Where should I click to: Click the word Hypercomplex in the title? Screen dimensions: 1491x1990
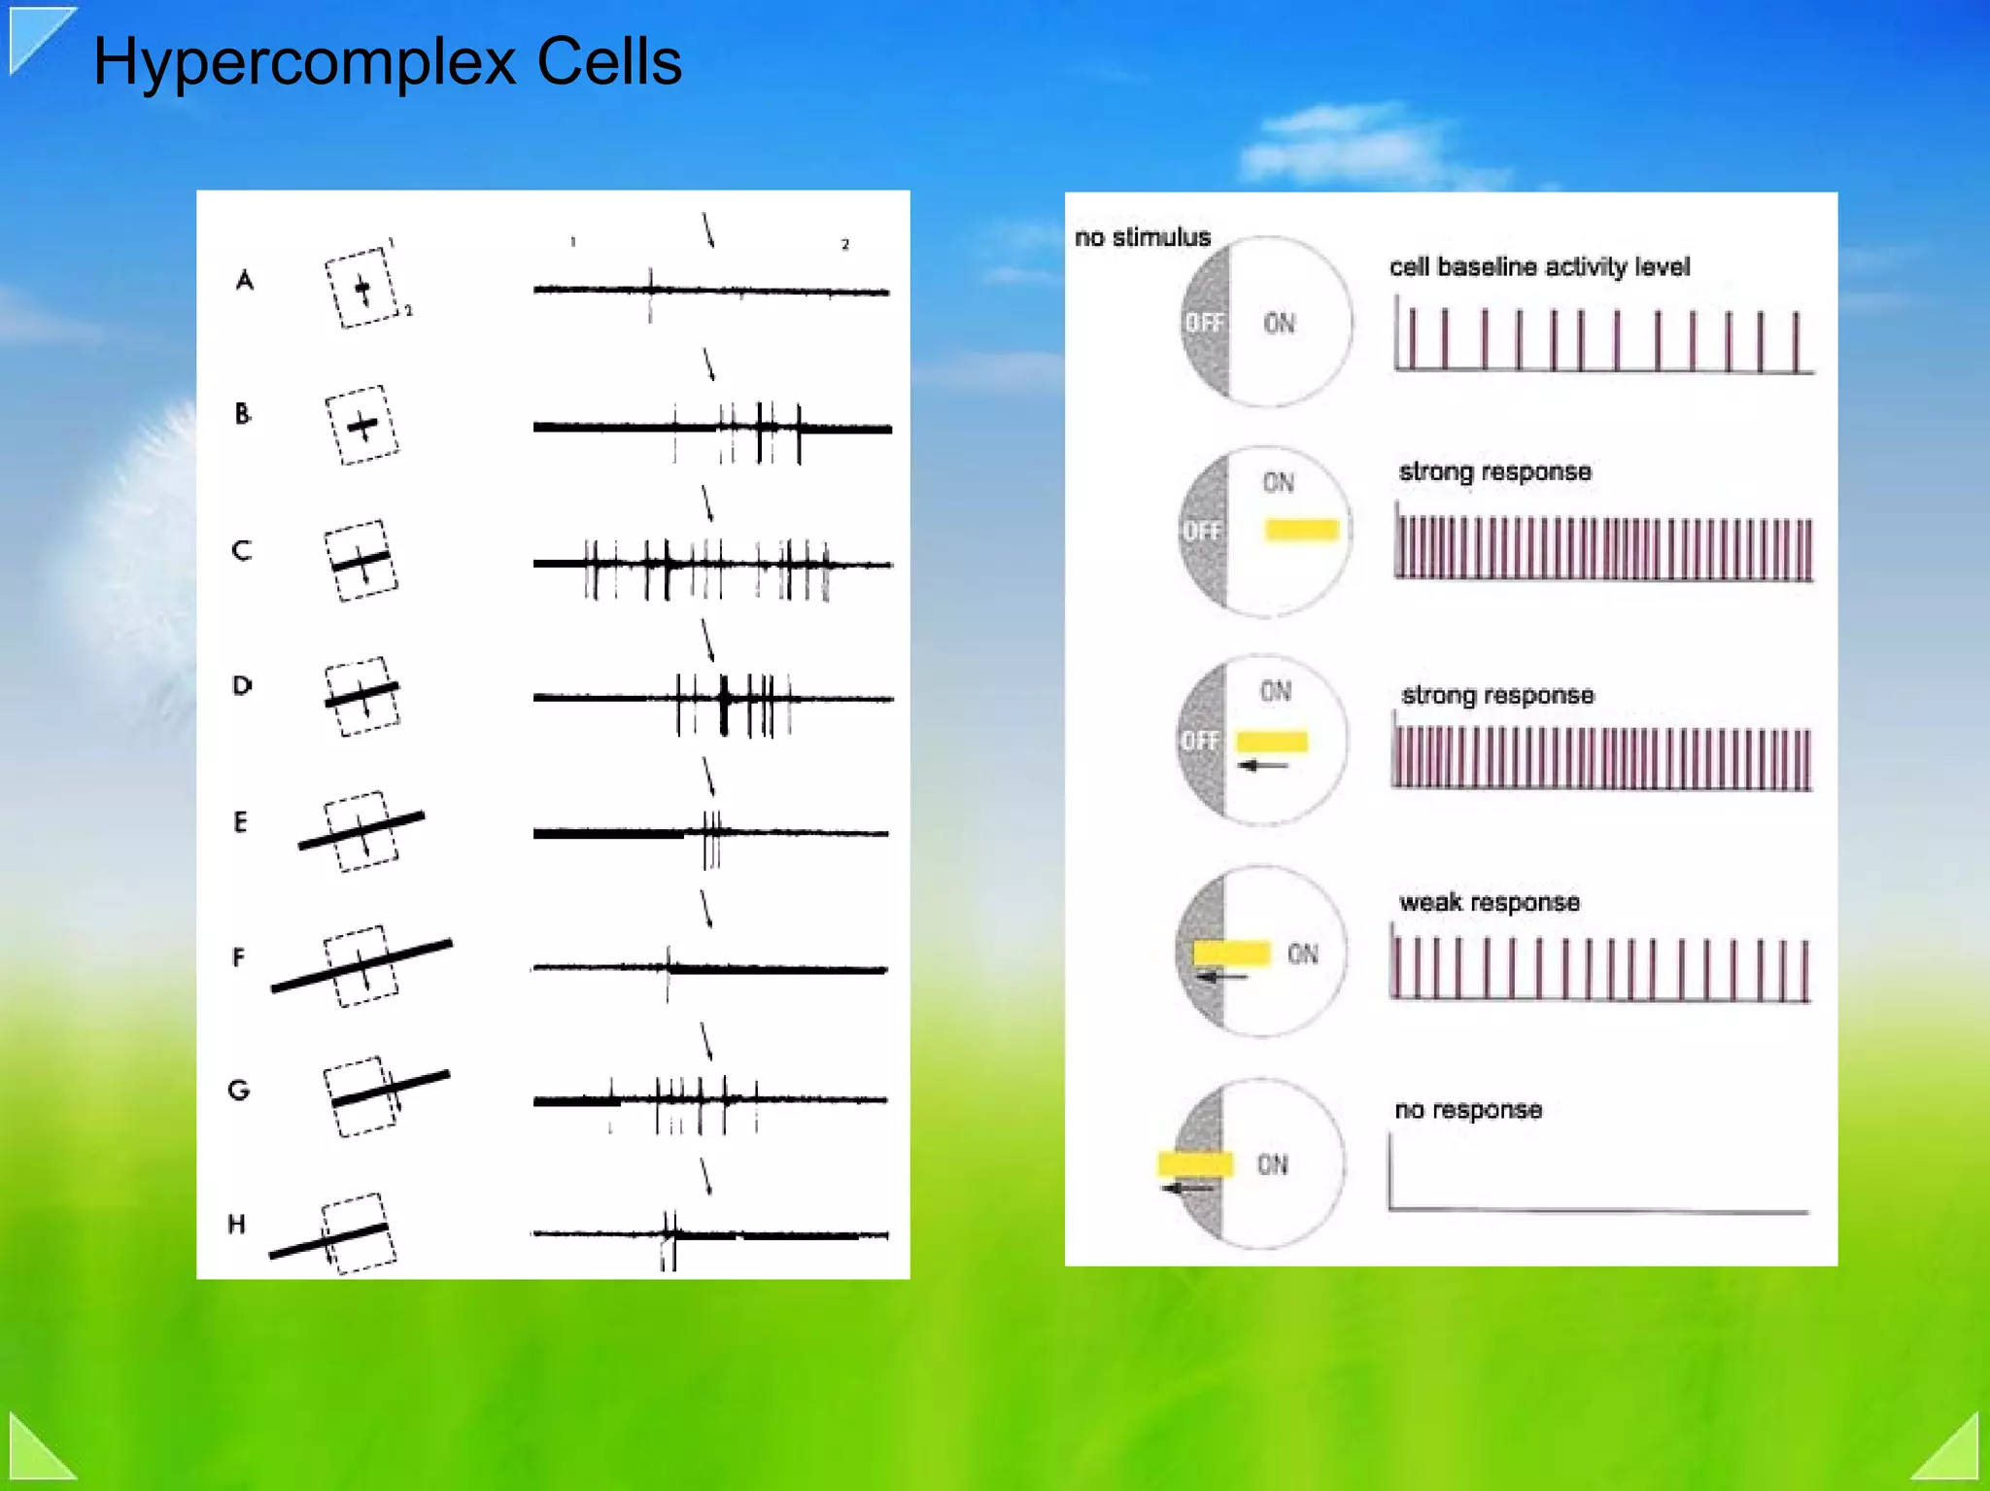[303, 62]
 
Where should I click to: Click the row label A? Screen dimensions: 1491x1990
[245, 281]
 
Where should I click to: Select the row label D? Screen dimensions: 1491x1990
[242, 685]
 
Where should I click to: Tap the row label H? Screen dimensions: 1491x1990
[236, 1224]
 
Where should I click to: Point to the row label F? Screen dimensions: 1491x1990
[238, 957]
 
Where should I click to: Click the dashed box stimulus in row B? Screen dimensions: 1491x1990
[361, 425]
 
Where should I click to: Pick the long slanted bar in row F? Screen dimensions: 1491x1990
[361, 965]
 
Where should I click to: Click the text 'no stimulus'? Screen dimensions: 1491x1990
[1142, 237]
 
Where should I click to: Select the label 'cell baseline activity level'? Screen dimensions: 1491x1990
[1539, 266]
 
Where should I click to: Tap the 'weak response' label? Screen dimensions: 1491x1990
[1489, 902]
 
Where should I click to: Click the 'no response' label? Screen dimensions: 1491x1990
[1468, 1110]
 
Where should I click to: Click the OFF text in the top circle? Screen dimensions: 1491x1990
[1204, 323]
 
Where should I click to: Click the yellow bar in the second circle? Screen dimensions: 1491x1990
[1301, 530]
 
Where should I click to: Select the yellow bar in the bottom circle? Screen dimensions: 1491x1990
[1194, 1163]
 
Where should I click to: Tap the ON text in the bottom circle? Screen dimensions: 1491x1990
[1272, 1164]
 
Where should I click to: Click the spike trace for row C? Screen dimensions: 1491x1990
[711, 564]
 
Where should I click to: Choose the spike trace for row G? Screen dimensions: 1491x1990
[711, 1100]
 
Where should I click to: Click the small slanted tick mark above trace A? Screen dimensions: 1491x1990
[708, 230]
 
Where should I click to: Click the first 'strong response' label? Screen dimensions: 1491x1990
[1494, 471]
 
